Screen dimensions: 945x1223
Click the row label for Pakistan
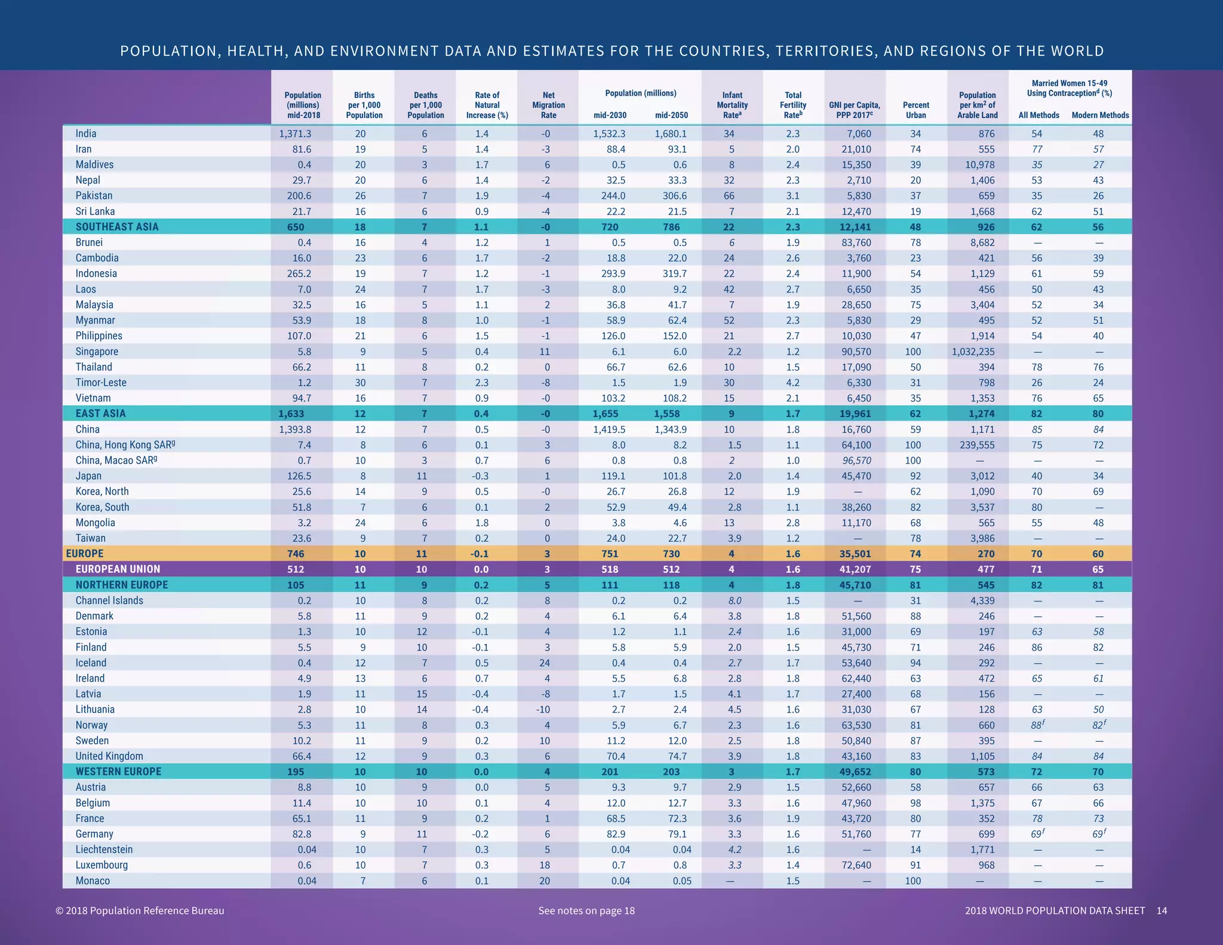coord(94,196)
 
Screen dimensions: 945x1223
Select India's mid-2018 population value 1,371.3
coord(295,134)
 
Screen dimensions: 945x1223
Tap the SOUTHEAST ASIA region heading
coord(117,227)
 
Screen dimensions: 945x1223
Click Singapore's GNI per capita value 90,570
coord(856,352)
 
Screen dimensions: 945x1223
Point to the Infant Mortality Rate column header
coord(732,105)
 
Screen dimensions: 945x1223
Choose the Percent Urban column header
coord(915,110)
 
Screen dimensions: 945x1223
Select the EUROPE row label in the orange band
coord(85,554)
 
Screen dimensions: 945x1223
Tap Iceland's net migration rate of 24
coord(547,663)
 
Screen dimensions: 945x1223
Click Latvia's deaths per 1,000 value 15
coord(424,694)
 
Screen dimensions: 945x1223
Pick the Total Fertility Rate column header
coord(793,105)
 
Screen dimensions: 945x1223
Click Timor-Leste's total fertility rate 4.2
coord(792,383)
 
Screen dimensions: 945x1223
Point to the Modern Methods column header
coord(1100,115)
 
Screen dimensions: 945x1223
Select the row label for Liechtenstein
coord(104,849)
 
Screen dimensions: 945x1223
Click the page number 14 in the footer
coord(1161,910)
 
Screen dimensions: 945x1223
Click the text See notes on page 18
coord(586,910)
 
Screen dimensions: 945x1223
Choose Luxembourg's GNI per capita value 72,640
coord(856,865)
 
